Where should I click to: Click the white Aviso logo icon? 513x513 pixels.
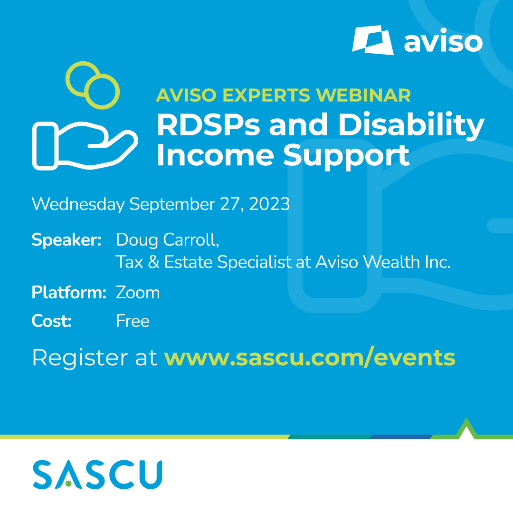(373, 40)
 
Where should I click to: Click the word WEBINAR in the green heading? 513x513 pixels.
(363, 95)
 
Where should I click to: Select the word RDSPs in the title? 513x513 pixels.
(209, 124)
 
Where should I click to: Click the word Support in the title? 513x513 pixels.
(346, 156)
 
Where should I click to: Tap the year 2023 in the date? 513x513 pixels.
(269, 204)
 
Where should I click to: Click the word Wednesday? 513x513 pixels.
(78, 204)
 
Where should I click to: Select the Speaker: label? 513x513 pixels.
(66, 240)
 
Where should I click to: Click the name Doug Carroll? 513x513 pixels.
(168, 240)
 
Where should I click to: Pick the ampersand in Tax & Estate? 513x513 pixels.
(154, 262)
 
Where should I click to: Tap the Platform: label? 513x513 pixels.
(69, 293)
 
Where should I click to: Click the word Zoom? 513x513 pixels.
(138, 293)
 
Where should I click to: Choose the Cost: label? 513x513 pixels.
(51, 321)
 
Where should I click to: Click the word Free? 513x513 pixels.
(133, 321)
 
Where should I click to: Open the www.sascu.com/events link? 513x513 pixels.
(310, 358)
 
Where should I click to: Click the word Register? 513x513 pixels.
(80, 358)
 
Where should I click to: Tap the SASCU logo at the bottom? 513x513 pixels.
(97, 475)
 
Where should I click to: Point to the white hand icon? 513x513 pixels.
(85, 146)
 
